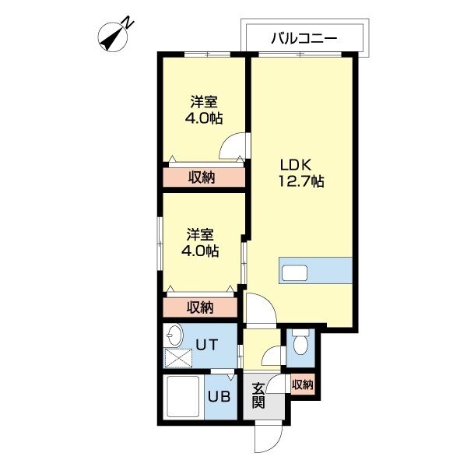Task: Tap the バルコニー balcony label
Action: (x=304, y=37)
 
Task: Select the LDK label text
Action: (x=296, y=165)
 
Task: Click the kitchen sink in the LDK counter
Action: (x=295, y=273)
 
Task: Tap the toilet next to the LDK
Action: (x=300, y=342)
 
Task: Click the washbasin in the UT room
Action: (x=174, y=336)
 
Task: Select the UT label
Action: (x=205, y=344)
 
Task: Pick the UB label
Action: (x=219, y=395)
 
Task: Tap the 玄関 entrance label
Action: (x=258, y=396)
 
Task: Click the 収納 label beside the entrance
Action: (x=302, y=384)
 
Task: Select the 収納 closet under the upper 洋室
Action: (x=202, y=177)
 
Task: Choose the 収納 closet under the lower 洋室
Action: (x=200, y=307)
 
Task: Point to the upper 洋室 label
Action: (x=204, y=102)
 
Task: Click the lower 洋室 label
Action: (x=200, y=234)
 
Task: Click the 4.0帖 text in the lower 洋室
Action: (x=200, y=251)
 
